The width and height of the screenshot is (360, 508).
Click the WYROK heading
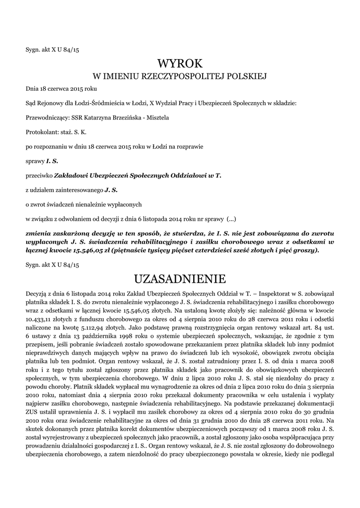[180, 63]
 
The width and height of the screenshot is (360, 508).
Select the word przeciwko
[39, 176]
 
